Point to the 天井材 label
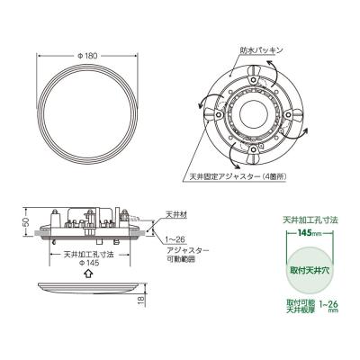tap(176, 215)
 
